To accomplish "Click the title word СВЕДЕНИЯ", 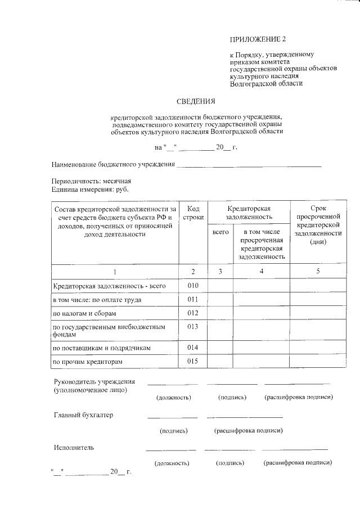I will click(x=196, y=102).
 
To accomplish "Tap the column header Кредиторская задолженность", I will click(x=249, y=212).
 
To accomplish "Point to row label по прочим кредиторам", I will click(x=87, y=362).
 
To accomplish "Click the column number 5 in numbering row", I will click(x=318, y=272).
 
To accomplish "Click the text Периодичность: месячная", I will click(x=91, y=182).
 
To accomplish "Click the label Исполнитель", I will click(x=74, y=448).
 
